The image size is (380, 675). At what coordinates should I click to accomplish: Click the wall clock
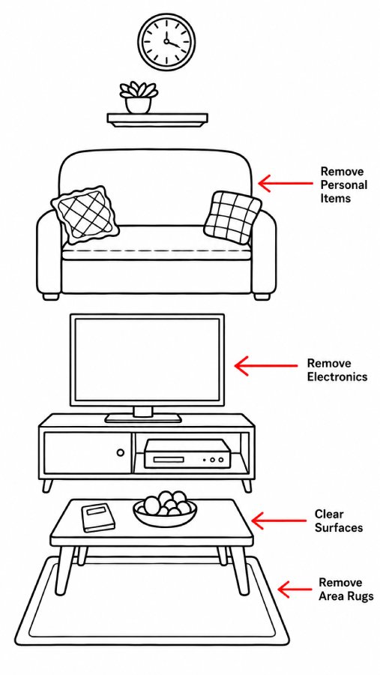[x=166, y=41]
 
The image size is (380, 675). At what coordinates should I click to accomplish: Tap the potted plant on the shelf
[x=139, y=97]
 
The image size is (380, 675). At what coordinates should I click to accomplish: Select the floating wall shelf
[x=157, y=120]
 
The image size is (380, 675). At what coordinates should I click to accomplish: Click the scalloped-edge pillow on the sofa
[x=85, y=214]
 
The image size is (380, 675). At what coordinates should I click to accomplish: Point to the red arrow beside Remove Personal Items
[x=285, y=184]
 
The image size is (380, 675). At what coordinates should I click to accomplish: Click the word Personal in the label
[x=344, y=185]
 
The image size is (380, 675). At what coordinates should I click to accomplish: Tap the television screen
[x=147, y=360]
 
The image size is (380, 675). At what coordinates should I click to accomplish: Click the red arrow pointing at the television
[x=265, y=365]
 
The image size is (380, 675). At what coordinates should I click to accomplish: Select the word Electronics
[x=337, y=376]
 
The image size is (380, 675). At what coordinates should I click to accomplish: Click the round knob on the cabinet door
[x=121, y=452]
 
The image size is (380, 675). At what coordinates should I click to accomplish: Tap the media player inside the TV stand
[x=185, y=454]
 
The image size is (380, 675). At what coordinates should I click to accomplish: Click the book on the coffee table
[x=98, y=517]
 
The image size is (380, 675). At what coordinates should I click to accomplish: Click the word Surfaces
[x=339, y=528]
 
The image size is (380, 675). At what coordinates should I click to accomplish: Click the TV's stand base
[x=143, y=418]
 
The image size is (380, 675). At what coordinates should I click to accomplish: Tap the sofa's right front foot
[x=262, y=296]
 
